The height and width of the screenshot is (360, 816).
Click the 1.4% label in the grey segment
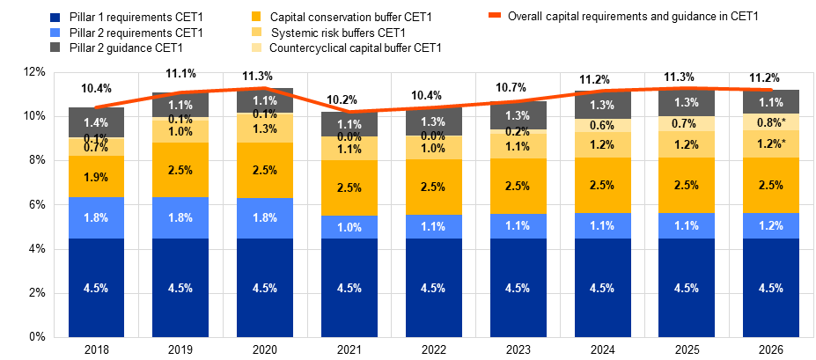[x=96, y=122]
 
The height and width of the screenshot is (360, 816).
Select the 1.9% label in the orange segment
[x=96, y=177]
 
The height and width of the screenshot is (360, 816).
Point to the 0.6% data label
[x=602, y=125]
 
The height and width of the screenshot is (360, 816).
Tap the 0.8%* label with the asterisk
[x=771, y=122]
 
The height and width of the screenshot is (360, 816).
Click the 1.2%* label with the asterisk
[x=771, y=143]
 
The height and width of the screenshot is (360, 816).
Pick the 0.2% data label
[x=518, y=132]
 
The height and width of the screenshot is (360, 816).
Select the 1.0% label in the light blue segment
[x=349, y=227]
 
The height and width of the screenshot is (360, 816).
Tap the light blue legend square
[x=55, y=32]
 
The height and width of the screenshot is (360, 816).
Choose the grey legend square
[x=55, y=47]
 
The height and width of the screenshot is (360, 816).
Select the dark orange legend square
[x=256, y=17]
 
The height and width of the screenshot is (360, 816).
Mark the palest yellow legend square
[x=256, y=47]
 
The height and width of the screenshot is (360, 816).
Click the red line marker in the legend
[x=496, y=15]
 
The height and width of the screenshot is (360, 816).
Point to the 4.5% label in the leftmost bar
[x=96, y=288]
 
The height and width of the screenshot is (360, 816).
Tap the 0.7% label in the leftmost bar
[x=96, y=148]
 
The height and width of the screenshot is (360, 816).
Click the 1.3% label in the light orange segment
[x=265, y=129]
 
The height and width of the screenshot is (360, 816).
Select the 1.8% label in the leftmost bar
[x=96, y=217]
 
